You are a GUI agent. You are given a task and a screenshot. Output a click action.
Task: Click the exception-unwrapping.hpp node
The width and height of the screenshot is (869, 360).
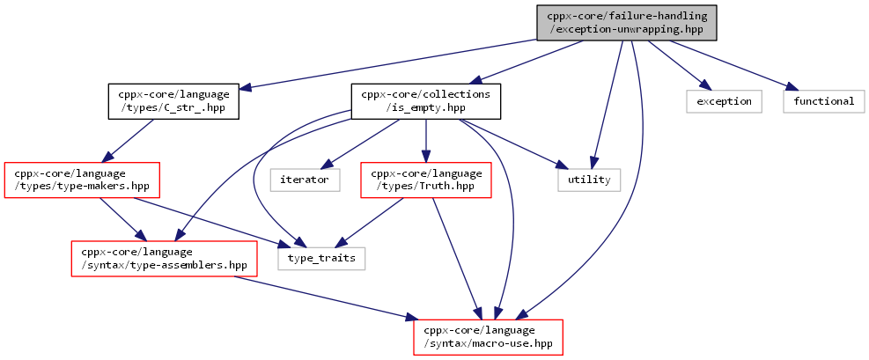626,23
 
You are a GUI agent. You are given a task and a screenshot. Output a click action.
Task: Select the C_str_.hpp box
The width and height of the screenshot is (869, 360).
173,101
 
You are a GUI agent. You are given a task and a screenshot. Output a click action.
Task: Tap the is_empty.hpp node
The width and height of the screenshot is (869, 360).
425,101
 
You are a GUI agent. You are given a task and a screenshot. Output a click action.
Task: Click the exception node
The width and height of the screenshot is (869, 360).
724,101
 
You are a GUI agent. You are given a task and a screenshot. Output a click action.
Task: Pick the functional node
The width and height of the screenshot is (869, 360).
823,101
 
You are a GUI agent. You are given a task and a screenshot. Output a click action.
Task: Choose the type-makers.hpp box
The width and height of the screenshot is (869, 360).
82,180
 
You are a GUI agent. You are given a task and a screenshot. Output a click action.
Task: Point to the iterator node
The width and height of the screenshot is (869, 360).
305,180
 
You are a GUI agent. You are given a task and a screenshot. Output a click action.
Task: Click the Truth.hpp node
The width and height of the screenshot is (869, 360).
425,180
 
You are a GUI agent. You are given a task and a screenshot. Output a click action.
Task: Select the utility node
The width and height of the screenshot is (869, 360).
589,180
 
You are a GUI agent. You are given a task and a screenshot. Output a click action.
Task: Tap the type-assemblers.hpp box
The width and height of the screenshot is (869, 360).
164,259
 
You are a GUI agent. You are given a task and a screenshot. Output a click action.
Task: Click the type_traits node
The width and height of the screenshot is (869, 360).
321,259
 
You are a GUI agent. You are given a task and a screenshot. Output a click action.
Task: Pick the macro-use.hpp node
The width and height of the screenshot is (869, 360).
489,337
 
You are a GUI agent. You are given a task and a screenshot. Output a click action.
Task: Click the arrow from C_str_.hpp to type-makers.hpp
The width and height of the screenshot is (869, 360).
129,141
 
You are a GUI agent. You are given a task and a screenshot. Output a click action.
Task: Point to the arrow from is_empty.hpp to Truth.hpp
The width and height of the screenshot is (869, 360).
425,141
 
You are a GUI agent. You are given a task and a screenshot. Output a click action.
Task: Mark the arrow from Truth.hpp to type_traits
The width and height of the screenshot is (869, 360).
372,223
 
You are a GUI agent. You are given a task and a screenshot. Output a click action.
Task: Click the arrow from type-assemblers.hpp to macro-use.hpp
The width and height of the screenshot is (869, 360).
325,298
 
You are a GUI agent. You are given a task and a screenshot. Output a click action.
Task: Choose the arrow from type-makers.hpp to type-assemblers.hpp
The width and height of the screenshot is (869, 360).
120,219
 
